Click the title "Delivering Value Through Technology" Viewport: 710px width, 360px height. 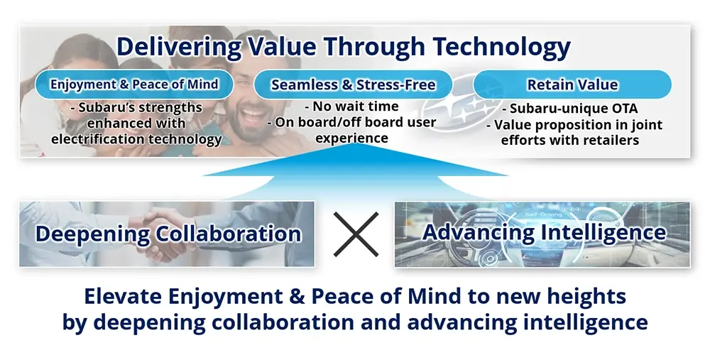343,47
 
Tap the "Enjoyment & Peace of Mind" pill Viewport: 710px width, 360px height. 134,84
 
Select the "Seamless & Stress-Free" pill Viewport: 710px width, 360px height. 353,84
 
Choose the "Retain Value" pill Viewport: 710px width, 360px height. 572,84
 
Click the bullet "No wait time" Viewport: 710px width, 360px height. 351,107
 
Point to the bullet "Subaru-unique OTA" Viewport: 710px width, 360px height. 569,109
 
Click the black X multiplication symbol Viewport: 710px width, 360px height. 356,234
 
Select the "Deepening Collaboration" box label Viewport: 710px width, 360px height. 168,234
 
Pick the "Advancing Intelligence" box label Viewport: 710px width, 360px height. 545,232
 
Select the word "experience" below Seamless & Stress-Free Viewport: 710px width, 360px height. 352,138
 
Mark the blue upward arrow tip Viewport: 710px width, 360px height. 356,144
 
